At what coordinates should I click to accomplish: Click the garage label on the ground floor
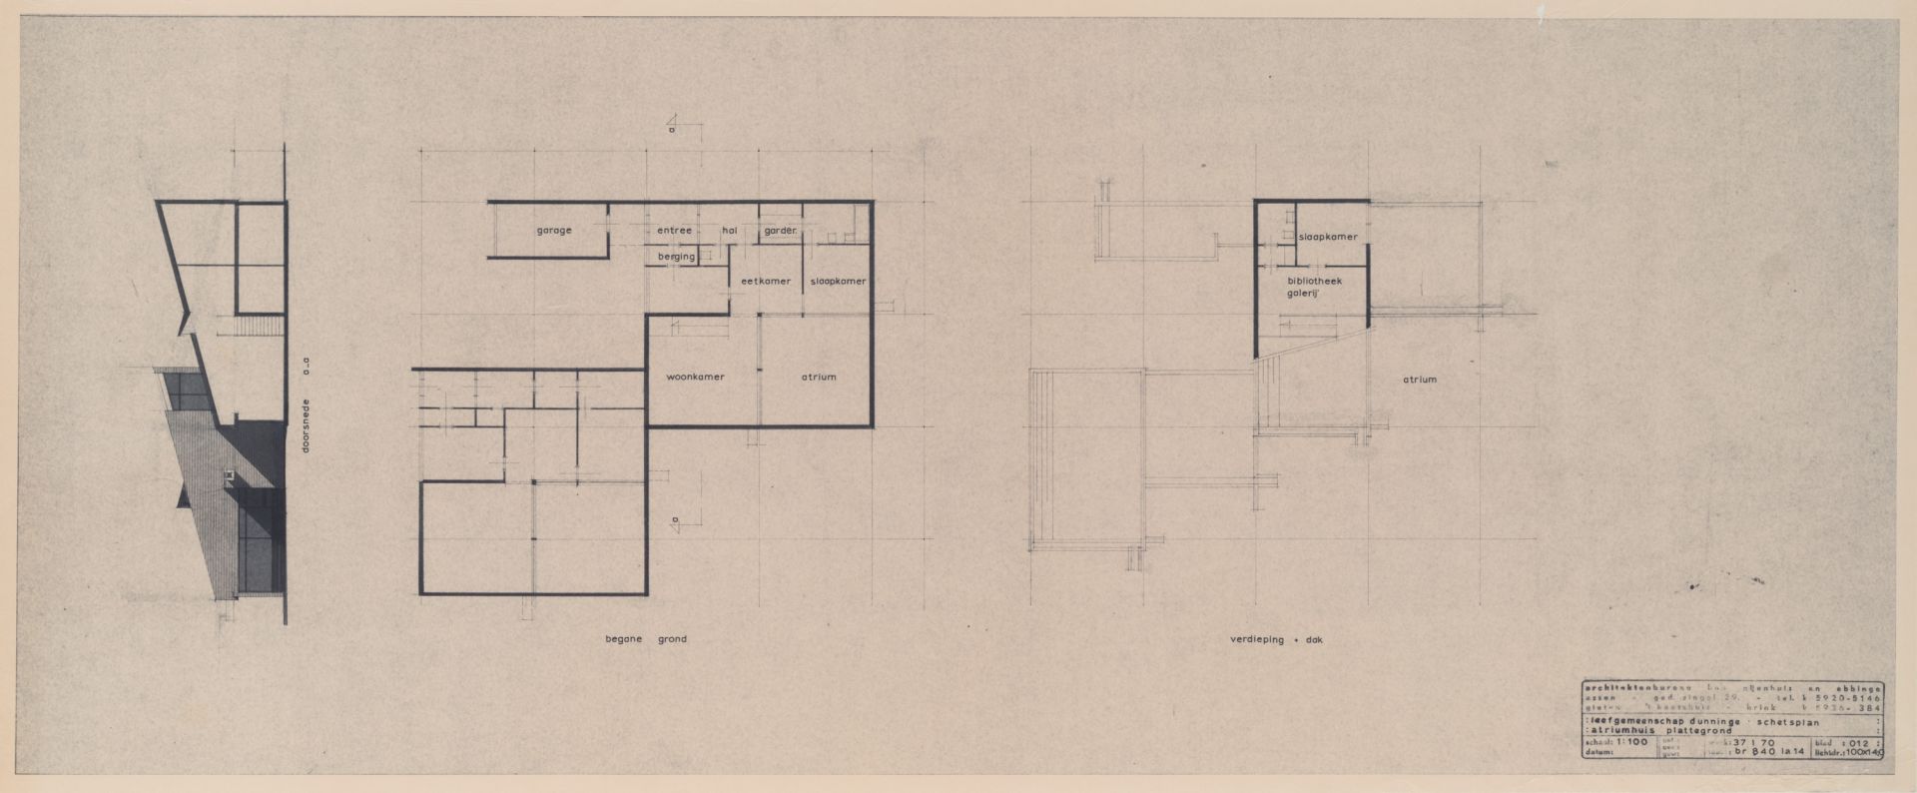click(554, 231)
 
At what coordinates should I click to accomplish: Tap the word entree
click(674, 231)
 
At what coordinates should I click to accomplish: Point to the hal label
click(729, 231)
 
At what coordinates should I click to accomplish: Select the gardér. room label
click(781, 231)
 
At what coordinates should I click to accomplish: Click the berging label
click(676, 257)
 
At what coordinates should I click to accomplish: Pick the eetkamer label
click(766, 282)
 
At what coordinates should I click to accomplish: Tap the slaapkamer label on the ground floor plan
click(838, 282)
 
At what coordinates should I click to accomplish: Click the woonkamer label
click(695, 377)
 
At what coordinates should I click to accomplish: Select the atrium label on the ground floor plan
click(818, 377)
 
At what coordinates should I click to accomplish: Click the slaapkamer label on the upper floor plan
click(1328, 237)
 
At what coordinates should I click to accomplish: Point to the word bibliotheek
click(1313, 282)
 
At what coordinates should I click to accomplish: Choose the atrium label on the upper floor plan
click(1419, 380)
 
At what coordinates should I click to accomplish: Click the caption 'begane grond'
click(646, 639)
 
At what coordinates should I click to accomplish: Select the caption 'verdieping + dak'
click(1275, 639)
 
